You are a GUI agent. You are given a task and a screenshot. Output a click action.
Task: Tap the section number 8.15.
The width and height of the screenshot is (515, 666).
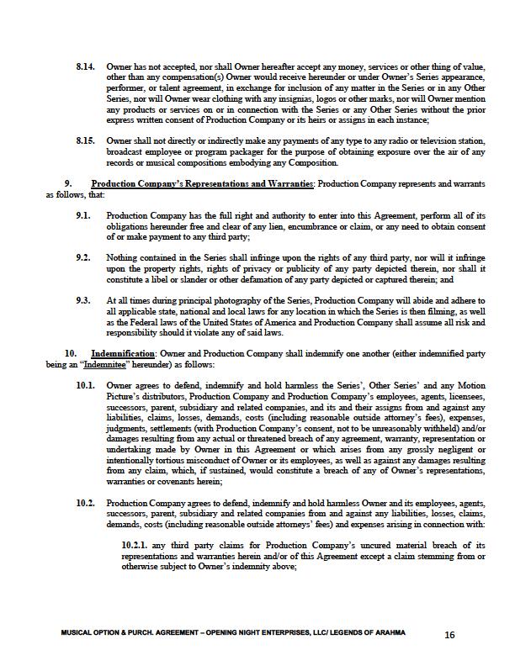85,141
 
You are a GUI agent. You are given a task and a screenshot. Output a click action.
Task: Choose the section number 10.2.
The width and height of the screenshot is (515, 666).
85,503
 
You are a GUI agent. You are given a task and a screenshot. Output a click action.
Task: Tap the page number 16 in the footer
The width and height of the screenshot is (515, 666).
449,636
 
